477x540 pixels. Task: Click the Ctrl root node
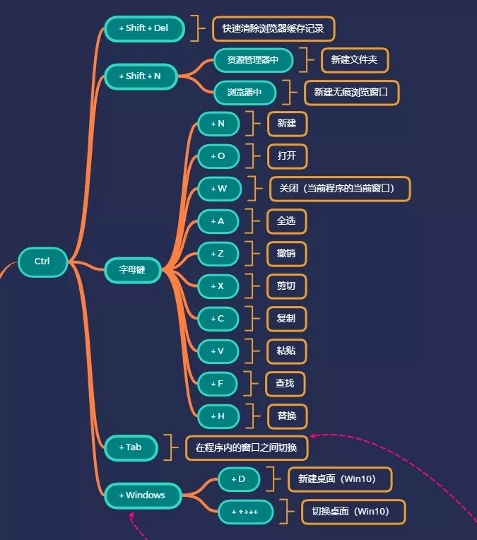(x=42, y=262)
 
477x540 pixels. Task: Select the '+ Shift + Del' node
(x=145, y=29)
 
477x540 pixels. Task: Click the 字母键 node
(x=133, y=269)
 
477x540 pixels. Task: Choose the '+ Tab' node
(x=131, y=447)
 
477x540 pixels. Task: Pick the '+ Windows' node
(x=143, y=495)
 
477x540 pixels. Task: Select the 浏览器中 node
(x=245, y=93)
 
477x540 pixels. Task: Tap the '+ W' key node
(x=219, y=189)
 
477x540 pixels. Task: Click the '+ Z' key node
(x=218, y=254)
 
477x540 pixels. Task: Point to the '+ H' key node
(x=218, y=416)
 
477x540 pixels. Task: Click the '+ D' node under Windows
(x=239, y=479)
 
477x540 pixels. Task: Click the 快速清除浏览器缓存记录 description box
(x=273, y=29)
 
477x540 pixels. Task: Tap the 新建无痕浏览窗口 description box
(x=351, y=93)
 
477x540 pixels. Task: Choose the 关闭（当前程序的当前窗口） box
(x=340, y=189)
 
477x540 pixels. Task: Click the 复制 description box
(x=286, y=318)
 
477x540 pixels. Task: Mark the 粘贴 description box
(x=286, y=351)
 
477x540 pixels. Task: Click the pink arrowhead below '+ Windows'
(x=132, y=517)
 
